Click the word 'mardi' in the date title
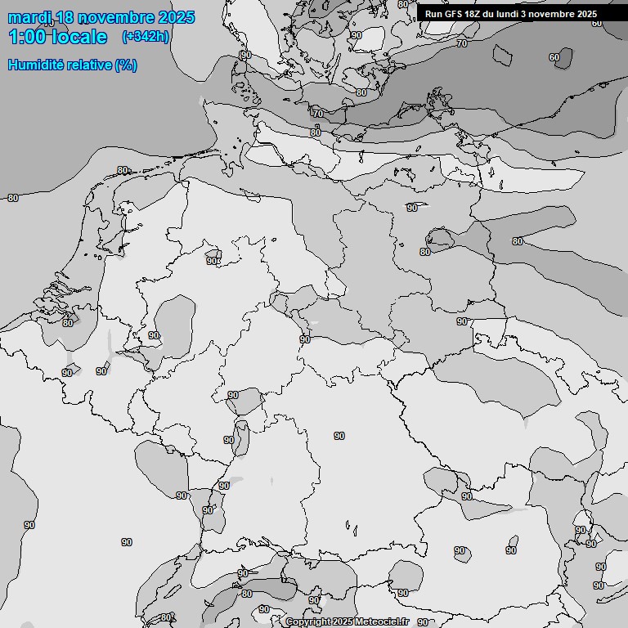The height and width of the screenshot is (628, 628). [29, 17]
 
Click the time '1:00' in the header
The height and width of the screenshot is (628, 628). [27, 37]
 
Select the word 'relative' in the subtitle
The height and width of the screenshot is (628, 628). [86, 65]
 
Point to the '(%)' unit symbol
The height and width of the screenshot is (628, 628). [126, 65]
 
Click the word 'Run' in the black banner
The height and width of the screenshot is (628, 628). [433, 14]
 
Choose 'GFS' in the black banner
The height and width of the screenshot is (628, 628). [453, 14]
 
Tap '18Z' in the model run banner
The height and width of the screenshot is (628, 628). [474, 14]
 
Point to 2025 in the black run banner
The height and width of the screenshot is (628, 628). [586, 14]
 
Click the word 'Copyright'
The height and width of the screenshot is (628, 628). [308, 622]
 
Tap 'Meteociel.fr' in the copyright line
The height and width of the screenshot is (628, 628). [381, 622]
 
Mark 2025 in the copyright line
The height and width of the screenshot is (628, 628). [343, 622]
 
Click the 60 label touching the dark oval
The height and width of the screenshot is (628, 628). [554, 57]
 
